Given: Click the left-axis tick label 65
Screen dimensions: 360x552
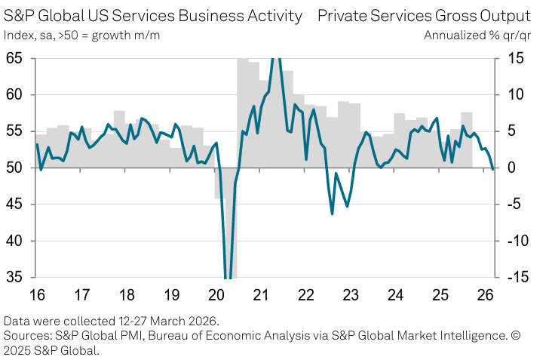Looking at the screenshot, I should coord(16,58).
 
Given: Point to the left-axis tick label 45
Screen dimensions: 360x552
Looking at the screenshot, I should coord(16,205).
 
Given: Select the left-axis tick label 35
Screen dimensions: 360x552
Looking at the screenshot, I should coord(16,278).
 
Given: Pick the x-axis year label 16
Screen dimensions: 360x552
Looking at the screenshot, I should coord(36,293).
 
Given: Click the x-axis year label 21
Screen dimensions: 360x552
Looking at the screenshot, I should coord(262,293).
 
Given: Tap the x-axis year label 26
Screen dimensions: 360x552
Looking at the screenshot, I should coord(488,293).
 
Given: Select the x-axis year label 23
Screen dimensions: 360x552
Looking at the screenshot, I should coord(352,293).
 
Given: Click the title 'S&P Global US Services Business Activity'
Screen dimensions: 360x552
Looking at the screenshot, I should coord(152,16).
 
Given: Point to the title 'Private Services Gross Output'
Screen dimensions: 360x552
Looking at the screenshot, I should coord(424,16).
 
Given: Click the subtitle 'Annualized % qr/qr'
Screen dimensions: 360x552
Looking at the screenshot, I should coord(477,35).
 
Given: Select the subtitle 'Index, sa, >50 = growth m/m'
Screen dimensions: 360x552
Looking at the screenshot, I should coord(81,35).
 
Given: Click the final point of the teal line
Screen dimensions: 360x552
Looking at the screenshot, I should coord(493,169).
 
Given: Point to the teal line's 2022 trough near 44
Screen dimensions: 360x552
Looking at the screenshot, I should coord(333,214).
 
